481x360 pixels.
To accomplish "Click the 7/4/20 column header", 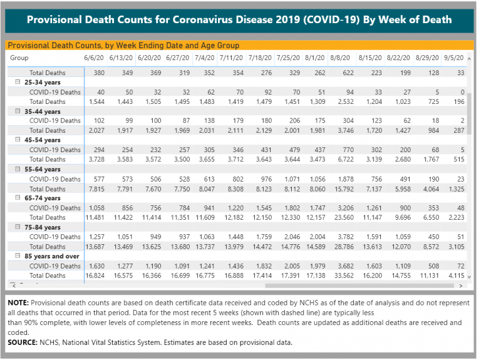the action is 205,58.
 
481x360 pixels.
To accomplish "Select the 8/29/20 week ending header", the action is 427,58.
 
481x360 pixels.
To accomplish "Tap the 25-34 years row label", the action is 43,82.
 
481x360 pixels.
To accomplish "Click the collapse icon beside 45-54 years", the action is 18,140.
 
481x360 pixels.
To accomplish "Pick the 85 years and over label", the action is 52,256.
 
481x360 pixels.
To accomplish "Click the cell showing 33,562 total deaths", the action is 344,275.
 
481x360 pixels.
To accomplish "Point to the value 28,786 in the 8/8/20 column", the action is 344,247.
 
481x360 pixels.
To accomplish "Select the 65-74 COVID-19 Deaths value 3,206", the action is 346,208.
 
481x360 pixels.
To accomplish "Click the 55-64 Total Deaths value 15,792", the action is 344,189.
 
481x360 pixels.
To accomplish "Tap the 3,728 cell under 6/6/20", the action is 96,159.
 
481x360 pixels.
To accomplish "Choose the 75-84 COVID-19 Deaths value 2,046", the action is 292,237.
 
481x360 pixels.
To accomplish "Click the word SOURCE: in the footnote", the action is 23,342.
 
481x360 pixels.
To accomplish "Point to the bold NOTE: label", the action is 18,302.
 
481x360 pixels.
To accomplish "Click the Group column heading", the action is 19,58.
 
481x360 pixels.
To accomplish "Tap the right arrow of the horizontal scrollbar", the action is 461,285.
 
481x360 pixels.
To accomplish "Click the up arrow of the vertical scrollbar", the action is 469,58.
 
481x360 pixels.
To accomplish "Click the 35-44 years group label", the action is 43,111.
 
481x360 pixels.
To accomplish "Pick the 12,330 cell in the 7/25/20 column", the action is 291,217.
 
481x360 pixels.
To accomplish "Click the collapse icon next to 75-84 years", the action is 18,227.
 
